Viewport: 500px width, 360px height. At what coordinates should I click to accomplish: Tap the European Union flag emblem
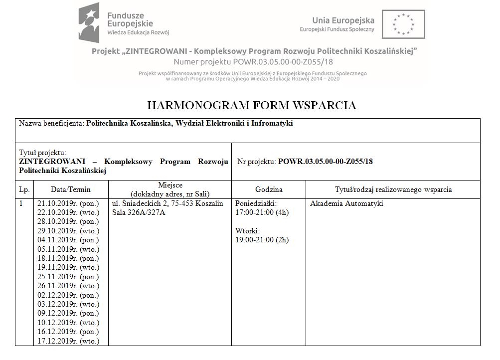pos(403,24)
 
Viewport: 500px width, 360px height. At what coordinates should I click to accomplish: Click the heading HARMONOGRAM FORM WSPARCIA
pos(251,105)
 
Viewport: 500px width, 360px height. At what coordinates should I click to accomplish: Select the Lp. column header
pos(24,189)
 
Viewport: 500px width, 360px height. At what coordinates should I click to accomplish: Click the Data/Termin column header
pos(70,189)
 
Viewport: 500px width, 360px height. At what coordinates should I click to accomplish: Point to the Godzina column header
pos(269,189)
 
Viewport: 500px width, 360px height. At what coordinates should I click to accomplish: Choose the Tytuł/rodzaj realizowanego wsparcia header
pos(393,189)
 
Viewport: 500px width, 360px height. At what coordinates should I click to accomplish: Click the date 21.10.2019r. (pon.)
pos(68,203)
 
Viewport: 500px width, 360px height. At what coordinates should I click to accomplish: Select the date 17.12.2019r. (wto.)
pos(68,341)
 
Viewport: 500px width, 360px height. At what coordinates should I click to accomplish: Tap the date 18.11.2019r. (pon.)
pos(68,258)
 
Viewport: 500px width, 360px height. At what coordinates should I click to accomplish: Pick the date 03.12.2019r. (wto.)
pos(68,304)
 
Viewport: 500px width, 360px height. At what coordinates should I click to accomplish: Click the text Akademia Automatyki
pos(346,203)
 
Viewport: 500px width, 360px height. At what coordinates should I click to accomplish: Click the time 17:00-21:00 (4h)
pos(262,212)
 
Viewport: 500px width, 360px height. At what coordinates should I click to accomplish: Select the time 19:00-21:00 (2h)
pos(262,240)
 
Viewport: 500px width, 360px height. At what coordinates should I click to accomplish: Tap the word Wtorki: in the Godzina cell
pos(248,231)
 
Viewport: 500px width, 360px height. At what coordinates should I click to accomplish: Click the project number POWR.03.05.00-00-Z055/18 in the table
pos(325,162)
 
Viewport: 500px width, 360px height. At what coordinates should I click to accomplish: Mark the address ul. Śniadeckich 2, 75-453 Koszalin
pos(167,203)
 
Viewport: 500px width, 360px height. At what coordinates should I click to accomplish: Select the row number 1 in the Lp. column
pos(21,203)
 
